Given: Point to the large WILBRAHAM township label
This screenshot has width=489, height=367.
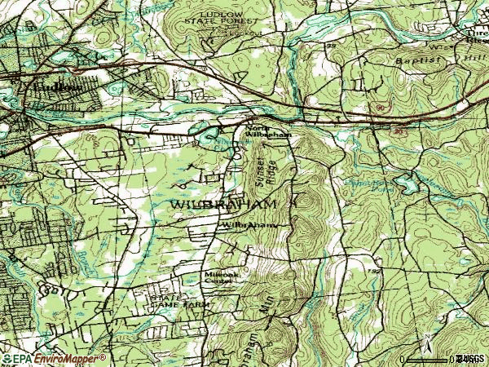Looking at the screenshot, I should [x=224, y=202].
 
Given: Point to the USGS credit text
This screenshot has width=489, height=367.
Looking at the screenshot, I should [x=471, y=358].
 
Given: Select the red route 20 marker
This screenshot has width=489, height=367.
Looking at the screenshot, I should [x=399, y=129].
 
